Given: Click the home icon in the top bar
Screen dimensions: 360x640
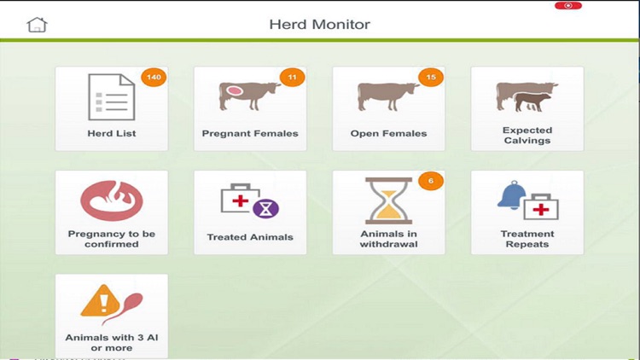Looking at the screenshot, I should [37, 24].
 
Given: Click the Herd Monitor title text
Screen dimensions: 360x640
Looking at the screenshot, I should [320, 24].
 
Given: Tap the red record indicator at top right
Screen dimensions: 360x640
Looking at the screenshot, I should [567, 6].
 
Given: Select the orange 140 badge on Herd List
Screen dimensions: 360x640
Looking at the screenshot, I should [154, 78].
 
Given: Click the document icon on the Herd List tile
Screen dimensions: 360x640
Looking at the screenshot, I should [112, 96].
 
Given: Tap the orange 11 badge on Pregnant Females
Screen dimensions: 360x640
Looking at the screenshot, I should [292, 78].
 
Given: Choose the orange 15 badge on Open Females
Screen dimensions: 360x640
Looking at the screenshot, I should [430, 78].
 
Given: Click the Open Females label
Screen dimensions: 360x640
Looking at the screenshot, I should [388, 134].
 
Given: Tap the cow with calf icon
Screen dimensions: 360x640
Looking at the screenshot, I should [527, 96].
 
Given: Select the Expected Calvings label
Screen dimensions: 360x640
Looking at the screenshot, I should [527, 136].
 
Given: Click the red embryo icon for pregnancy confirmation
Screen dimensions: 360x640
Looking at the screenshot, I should [111, 200].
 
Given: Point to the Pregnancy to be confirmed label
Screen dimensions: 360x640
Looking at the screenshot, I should [112, 239].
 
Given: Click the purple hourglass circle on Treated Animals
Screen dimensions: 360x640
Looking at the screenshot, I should [266, 208].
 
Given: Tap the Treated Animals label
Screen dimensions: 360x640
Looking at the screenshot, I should [250, 237].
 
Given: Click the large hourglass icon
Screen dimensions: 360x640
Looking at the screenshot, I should [387, 200].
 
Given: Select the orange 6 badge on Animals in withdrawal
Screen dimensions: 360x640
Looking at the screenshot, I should [431, 182].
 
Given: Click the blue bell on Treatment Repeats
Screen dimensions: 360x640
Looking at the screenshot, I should [512, 196].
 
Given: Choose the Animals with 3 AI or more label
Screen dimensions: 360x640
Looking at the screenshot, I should [112, 342].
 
